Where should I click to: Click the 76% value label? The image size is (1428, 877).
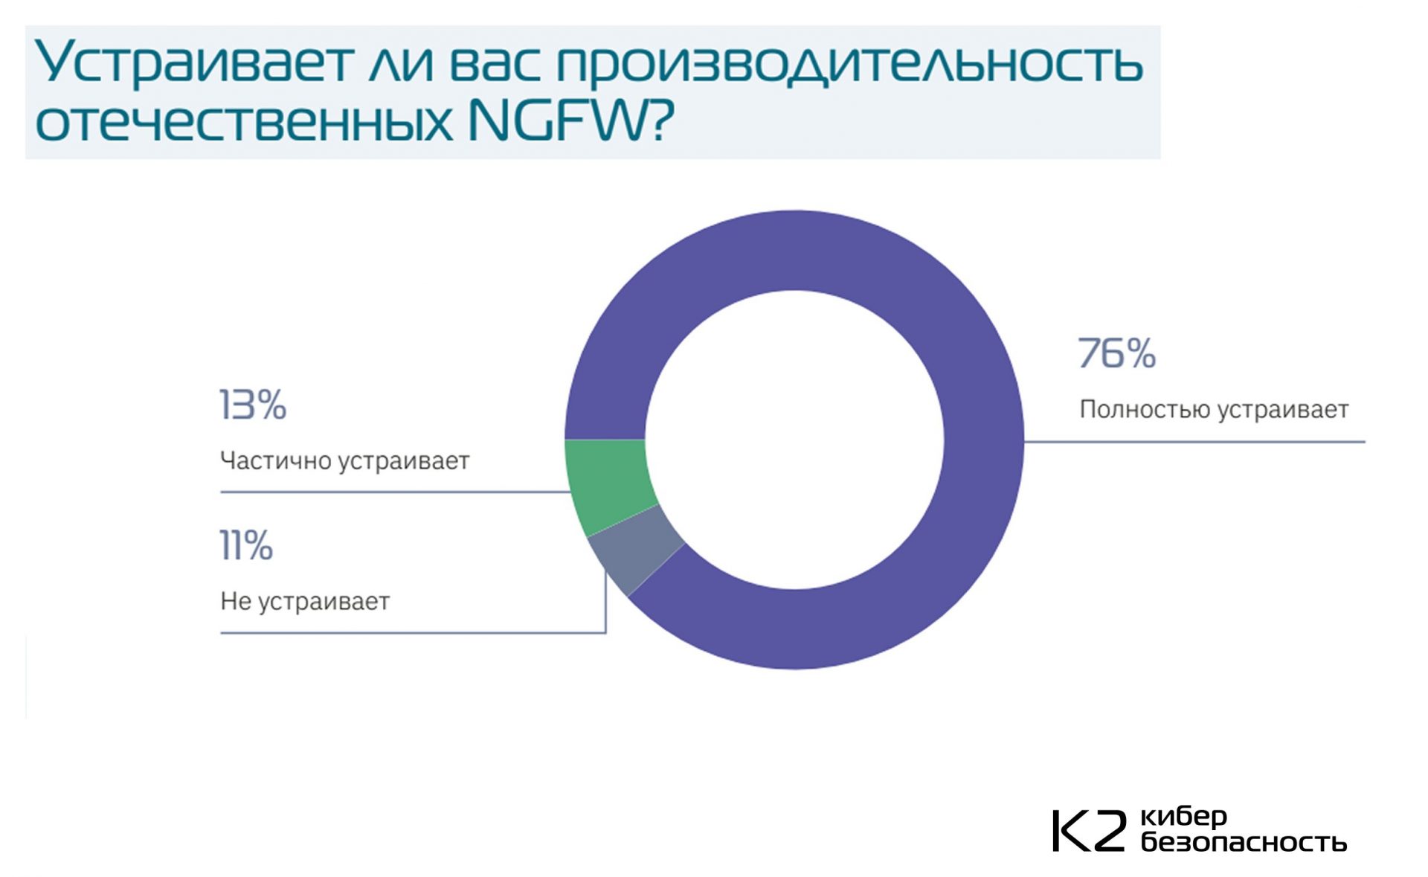point(1116,353)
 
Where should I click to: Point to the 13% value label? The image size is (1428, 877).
point(253,405)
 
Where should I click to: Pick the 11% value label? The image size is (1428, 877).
point(246,545)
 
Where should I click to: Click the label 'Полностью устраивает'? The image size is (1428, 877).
point(1214,410)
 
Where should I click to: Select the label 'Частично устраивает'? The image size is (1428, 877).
point(344,461)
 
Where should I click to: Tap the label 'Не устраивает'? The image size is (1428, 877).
point(305,601)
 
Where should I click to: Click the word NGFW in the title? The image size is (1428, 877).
point(559,121)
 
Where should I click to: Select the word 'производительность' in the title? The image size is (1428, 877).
point(849,63)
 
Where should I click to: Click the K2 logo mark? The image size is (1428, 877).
point(1089,831)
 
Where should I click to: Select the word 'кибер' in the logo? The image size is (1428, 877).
point(1183,817)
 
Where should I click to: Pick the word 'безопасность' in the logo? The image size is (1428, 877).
point(1244,842)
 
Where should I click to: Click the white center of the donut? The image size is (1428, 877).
point(794,440)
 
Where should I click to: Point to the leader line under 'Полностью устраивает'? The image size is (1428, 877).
point(1194,442)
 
